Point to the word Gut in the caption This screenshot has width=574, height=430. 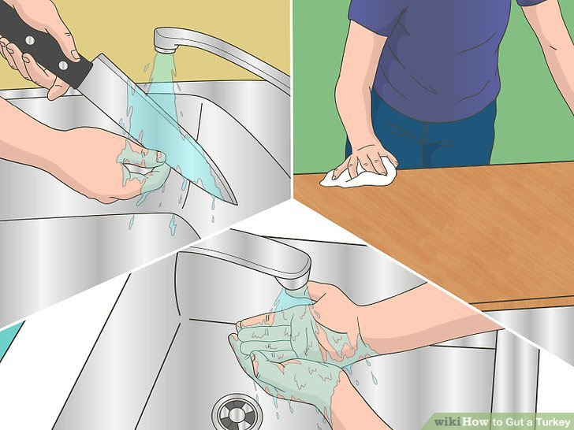501,421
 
